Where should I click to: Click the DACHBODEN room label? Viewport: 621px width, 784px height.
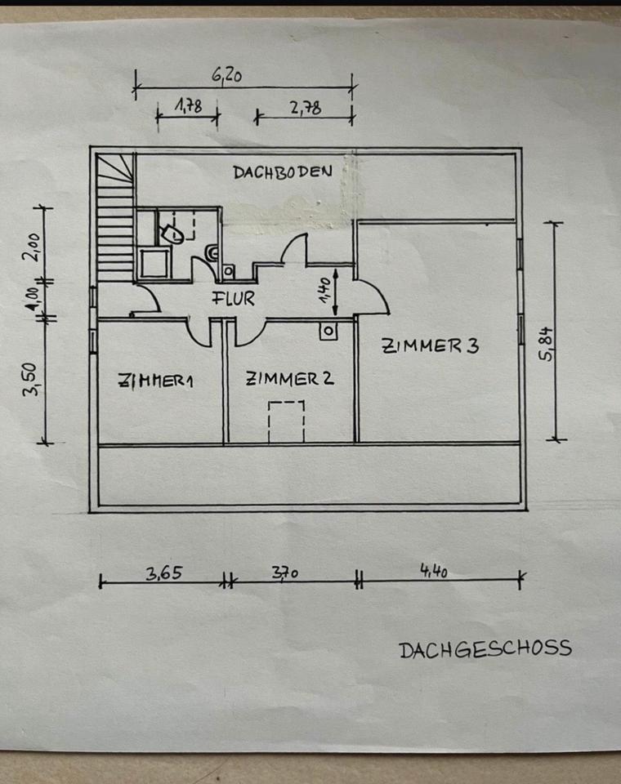coord(282,172)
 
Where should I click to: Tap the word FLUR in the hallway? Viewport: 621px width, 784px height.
coord(234,299)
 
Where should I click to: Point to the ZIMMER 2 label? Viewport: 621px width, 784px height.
coord(290,379)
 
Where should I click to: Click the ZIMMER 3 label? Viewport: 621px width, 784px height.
coord(429,345)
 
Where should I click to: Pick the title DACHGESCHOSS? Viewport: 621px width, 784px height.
coord(485,649)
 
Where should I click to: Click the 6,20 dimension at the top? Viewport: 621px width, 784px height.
coord(229,75)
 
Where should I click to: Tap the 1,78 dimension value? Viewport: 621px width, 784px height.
coord(188,105)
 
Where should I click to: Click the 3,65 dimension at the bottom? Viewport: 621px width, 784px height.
coord(163,572)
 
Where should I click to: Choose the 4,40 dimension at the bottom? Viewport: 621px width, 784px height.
coord(434,572)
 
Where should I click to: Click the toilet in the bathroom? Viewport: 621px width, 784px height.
coord(173,234)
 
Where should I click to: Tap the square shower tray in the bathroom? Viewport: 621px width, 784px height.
coord(154,263)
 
